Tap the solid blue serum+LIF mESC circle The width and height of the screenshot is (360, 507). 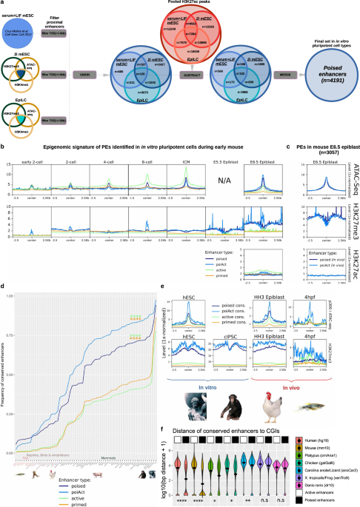pyautogui.click(x=20, y=30)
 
